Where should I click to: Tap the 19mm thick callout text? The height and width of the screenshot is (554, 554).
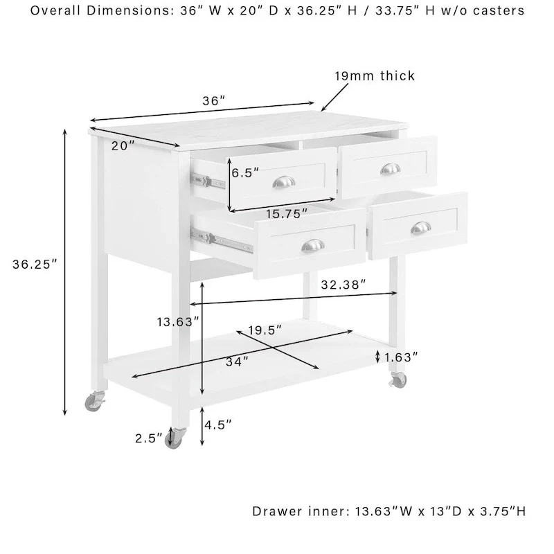tap(375, 76)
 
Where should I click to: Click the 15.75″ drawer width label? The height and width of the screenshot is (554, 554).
tap(285, 214)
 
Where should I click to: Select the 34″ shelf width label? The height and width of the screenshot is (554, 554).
tap(236, 361)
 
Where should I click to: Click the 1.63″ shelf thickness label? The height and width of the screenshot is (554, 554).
tap(402, 357)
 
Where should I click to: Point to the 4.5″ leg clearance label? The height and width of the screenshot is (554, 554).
tap(217, 424)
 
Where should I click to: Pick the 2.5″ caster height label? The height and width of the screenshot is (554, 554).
tap(150, 438)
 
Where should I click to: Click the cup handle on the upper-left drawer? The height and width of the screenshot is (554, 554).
tap(283, 181)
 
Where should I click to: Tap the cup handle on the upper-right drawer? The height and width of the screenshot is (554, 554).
tap(391, 169)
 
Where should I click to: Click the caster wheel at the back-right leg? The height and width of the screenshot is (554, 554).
tap(398, 380)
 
